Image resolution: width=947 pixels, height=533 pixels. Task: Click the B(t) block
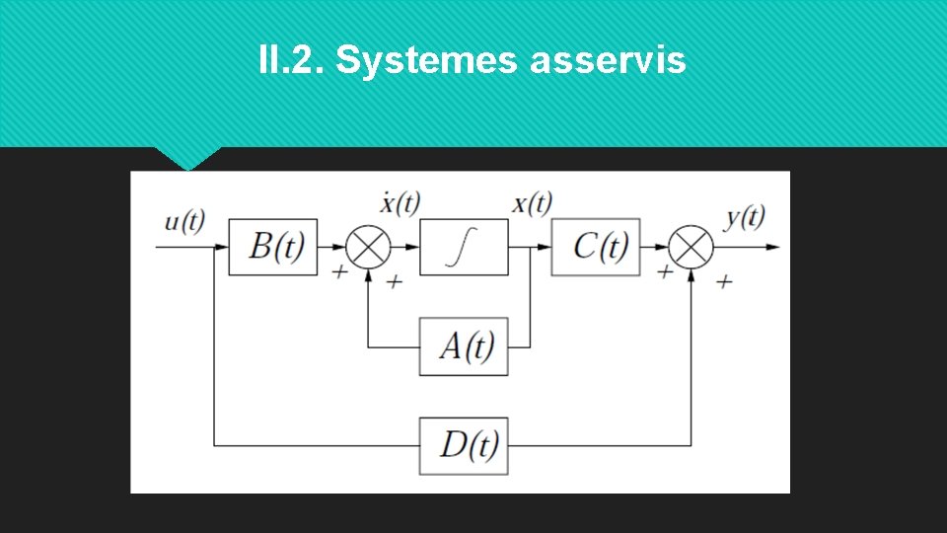coord(273,247)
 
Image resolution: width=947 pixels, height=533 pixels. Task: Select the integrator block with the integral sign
coord(464,247)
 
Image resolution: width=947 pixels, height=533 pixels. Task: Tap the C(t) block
coord(595,247)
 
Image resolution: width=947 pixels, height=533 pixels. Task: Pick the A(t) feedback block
coord(464,346)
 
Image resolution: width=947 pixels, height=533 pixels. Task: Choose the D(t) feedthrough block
coord(464,445)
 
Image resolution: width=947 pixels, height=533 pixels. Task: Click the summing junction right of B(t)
coord(368,247)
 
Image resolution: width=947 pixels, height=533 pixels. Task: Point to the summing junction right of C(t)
coord(692,247)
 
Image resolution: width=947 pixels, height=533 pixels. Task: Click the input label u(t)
coord(184,221)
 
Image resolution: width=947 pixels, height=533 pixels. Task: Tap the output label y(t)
coord(745,218)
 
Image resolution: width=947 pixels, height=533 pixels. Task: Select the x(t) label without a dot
coord(532,204)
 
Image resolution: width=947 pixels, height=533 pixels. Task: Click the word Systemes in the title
coord(427,61)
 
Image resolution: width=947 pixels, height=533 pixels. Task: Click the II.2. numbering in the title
coord(291,61)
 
